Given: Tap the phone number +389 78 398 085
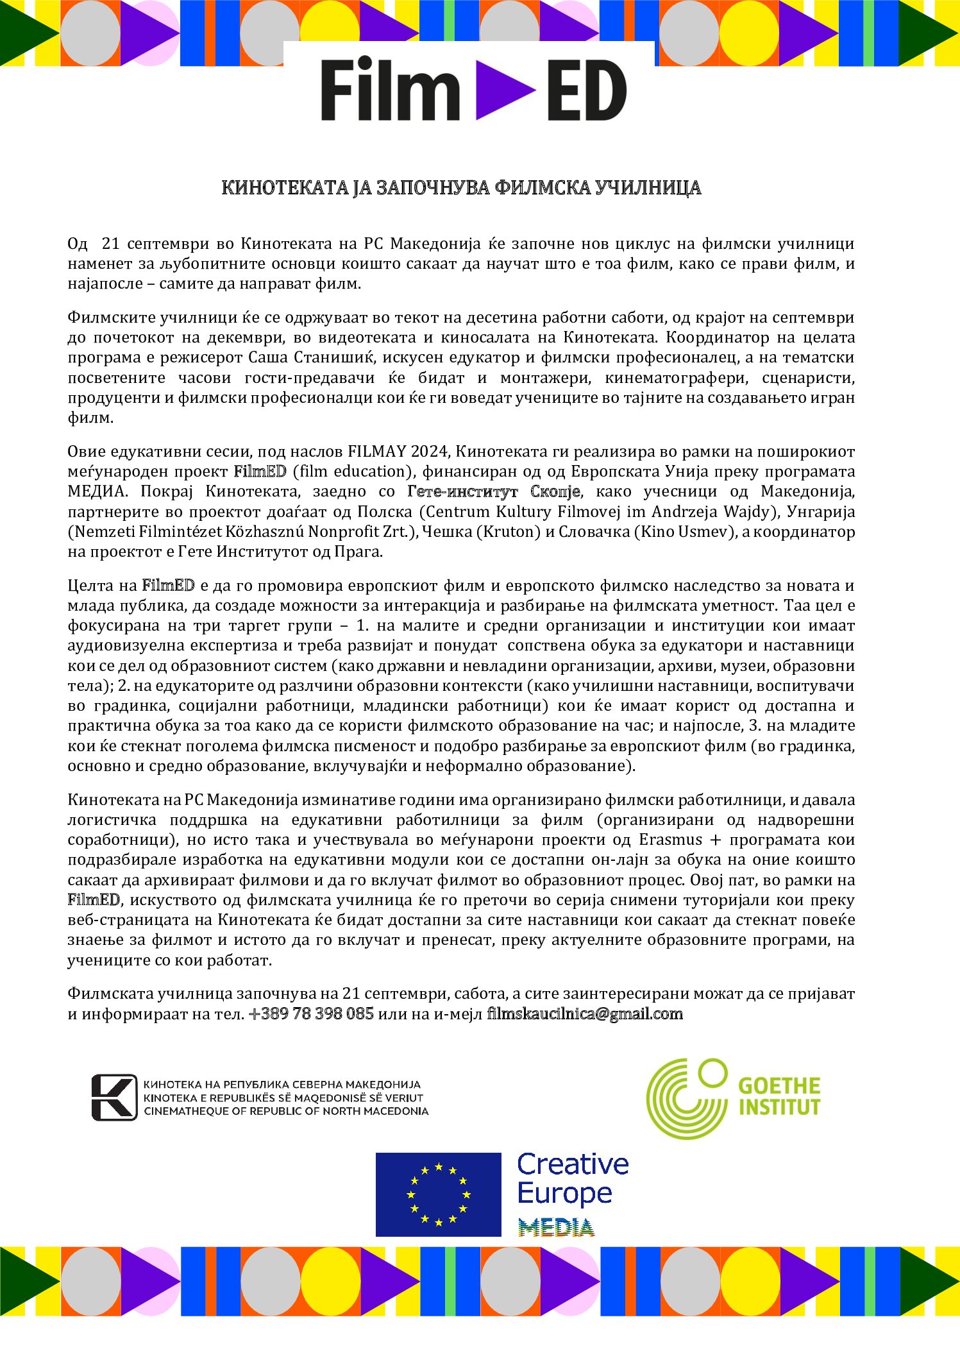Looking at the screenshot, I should (x=311, y=1014).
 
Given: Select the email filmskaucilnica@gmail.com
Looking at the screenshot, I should (x=585, y=1014).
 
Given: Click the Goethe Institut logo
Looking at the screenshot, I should (x=732, y=1098).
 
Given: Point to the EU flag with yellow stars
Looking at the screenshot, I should (x=438, y=1194).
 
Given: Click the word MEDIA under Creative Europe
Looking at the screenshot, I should (x=556, y=1228).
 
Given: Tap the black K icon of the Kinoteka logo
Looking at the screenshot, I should (x=114, y=1098).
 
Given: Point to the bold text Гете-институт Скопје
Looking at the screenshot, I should (x=494, y=491).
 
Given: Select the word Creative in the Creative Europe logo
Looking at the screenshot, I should (x=573, y=1164).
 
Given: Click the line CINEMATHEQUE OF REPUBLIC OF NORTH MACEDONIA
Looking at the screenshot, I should (x=286, y=1111).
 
